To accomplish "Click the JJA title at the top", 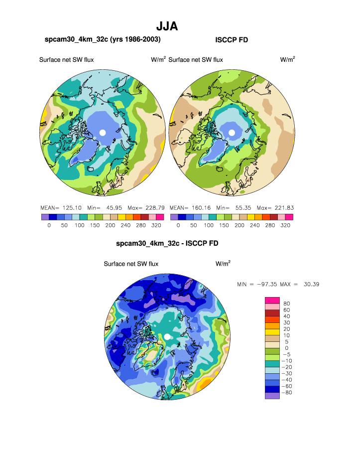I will pyautogui.click(x=167, y=26).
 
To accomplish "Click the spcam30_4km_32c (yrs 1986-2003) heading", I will pyautogui.click(x=103, y=39).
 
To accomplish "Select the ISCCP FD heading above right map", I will pyautogui.click(x=231, y=40).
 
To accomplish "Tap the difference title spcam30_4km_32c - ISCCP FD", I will pyautogui.click(x=167, y=244).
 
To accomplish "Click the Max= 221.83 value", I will pyautogui.click(x=275, y=207).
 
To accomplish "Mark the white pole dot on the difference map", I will pyautogui.click(x=168, y=337).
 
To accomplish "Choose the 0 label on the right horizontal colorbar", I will pyautogui.click(x=178, y=225).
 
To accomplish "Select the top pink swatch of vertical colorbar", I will pyautogui.click(x=271, y=300).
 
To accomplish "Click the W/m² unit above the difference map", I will pyautogui.click(x=223, y=263).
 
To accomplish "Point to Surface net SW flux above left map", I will pyautogui.click(x=66, y=60).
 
